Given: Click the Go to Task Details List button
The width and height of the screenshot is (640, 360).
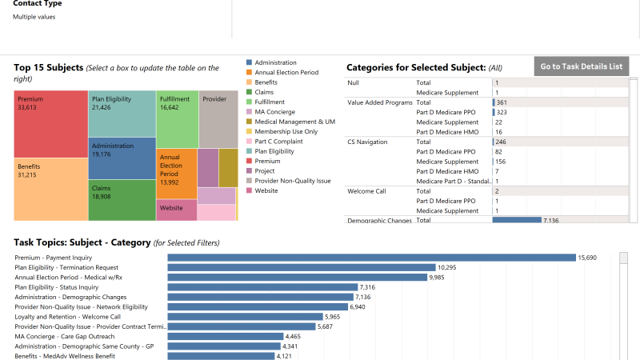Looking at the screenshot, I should [x=581, y=66].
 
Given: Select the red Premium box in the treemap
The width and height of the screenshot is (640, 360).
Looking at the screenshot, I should [x=50, y=124].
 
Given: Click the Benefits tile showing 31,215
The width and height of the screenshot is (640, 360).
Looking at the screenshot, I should [x=50, y=189].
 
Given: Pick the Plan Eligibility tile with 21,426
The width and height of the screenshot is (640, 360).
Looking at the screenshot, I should [x=122, y=113].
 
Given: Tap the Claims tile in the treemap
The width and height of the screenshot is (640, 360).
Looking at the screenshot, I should [x=122, y=200].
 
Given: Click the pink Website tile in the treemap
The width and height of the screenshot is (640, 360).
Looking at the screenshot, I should [x=177, y=210].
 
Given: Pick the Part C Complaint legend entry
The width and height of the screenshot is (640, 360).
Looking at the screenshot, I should [x=279, y=142].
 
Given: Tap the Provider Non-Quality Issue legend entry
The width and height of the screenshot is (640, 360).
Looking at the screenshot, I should [x=292, y=181].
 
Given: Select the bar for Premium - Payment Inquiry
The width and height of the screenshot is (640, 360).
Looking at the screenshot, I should [x=371, y=258].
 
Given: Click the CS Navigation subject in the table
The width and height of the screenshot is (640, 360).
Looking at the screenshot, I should [x=367, y=142].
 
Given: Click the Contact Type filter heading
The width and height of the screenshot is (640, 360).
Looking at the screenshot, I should [x=38, y=4].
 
